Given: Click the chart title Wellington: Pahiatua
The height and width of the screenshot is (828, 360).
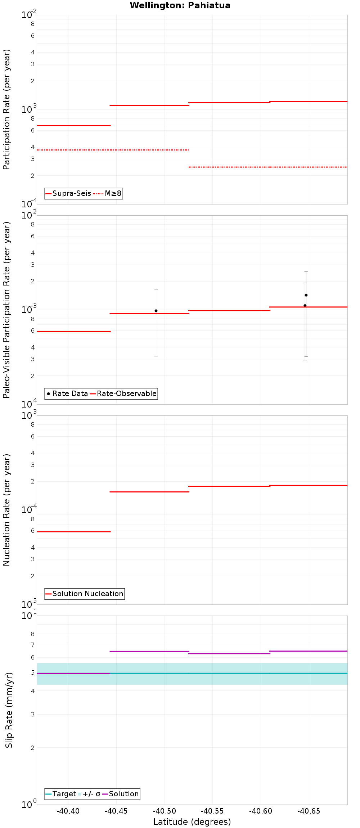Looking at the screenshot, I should (x=180, y=5).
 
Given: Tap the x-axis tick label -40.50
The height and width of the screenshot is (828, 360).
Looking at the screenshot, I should (x=165, y=811).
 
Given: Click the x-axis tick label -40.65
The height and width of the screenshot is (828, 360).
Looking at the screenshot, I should (x=309, y=811).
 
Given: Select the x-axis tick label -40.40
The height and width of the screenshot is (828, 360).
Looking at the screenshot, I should (x=68, y=811).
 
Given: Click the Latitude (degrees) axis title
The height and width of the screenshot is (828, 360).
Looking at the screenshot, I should (x=192, y=822).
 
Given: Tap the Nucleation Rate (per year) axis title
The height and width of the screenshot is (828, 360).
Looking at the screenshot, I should (x=6, y=510).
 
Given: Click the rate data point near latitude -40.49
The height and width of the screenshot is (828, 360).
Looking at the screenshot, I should (x=156, y=311).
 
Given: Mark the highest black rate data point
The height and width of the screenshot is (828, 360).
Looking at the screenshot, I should (x=306, y=295).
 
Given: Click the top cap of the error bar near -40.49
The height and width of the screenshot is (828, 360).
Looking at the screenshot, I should (x=156, y=290).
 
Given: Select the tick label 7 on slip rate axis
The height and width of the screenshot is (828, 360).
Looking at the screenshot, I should (x=33, y=645).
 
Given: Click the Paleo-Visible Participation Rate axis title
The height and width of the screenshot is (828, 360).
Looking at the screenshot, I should (x=6, y=310).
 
